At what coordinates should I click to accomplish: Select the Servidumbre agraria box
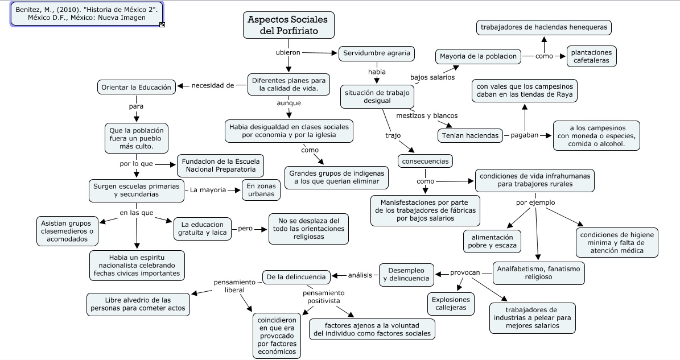click(x=376, y=53)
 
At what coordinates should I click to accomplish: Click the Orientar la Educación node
click(x=135, y=87)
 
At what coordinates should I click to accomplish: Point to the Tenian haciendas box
click(x=470, y=135)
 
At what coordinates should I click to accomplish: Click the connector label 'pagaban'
click(x=524, y=135)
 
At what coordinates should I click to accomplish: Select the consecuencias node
click(x=425, y=161)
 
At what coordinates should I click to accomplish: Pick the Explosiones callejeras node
click(x=451, y=303)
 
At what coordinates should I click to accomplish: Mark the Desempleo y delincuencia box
click(x=406, y=275)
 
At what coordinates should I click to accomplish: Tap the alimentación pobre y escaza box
click(x=492, y=241)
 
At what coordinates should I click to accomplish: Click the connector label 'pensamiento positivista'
click(x=324, y=296)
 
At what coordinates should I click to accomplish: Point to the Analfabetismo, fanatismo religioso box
click(x=538, y=272)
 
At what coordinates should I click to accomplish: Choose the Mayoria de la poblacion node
click(x=478, y=56)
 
